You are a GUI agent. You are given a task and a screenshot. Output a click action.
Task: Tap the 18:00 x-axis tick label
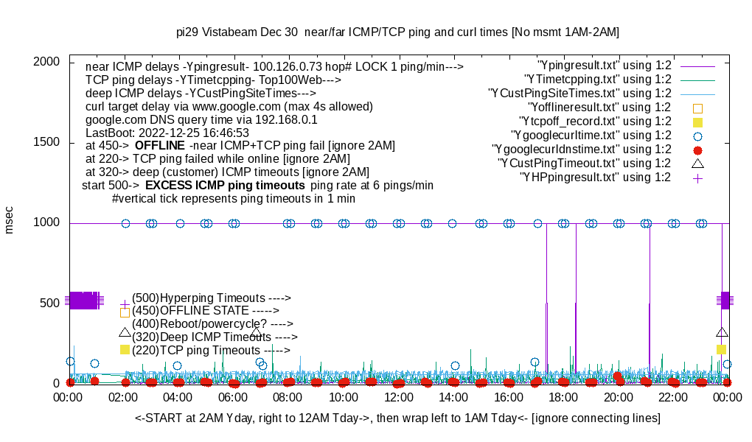563,397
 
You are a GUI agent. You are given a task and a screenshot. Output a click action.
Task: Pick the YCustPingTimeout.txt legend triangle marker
698,163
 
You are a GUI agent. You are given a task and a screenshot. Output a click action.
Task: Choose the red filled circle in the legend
698,149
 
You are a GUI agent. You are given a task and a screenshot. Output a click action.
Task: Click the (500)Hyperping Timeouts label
211,298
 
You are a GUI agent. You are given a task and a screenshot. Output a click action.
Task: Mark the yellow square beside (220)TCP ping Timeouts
125,349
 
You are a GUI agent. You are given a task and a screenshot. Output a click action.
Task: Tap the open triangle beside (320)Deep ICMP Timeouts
125,331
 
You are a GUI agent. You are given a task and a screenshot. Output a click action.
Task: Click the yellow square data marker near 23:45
721,349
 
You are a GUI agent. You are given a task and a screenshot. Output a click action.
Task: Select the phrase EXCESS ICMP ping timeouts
225,185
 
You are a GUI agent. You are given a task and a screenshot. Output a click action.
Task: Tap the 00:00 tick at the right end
727,397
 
